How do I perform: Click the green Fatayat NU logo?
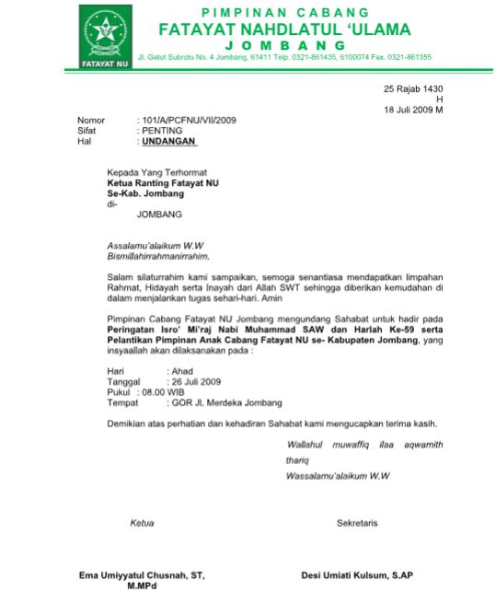tap(104, 36)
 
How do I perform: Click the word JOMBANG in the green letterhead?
tap(284, 44)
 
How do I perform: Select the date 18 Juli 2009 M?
tap(413, 110)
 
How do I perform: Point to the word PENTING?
tap(162, 131)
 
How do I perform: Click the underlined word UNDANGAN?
tap(168, 142)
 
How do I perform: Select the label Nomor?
tap(91, 121)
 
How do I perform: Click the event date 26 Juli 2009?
tap(197, 381)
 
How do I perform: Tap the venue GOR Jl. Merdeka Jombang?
tap(224, 402)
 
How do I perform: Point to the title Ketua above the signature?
tap(142, 523)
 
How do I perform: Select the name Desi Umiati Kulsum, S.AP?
tap(357, 575)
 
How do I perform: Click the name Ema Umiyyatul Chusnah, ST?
tap(140, 575)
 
